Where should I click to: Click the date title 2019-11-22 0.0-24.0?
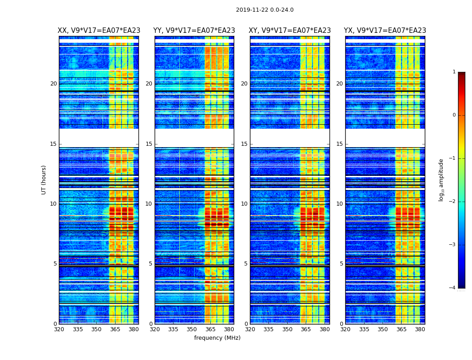265,10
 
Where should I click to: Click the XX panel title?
99,31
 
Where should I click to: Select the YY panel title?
194,31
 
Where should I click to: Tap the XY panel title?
289,31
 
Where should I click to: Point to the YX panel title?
385,31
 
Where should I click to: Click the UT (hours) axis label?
44,180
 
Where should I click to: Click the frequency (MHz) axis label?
217,338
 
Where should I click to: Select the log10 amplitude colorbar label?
441,180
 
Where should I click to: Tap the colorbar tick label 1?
454,72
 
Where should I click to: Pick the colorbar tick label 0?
454,115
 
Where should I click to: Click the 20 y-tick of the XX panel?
54,84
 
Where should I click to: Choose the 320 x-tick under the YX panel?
345,329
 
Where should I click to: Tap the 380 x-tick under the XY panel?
325,329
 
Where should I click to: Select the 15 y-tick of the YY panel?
149,144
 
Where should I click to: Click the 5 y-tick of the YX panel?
342,264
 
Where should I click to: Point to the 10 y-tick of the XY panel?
245,204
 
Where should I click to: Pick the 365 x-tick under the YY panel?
210,329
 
